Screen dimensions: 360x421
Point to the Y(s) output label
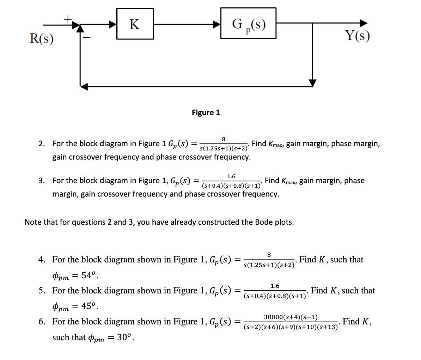click(x=357, y=35)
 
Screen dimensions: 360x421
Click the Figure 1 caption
click(x=206, y=113)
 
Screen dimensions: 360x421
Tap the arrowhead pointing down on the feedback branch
click(x=313, y=82)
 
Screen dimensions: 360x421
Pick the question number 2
click(x=42, y=144)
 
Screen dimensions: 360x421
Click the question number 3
click(x=42, y=181)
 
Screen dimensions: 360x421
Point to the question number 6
click(x=42, y=322)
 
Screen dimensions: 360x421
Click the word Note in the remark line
click(x=33, y=222)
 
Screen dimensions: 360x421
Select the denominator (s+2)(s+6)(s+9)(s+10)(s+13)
click(x=291, y=327)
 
